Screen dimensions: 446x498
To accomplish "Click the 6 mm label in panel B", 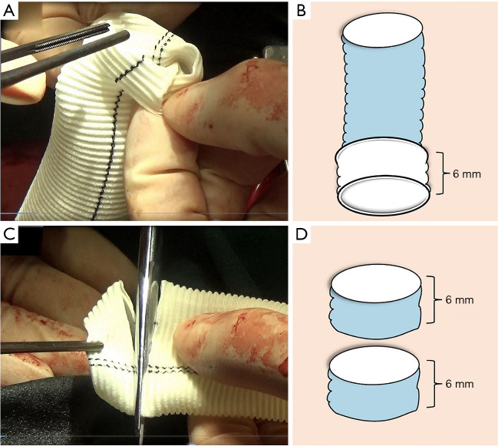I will point(463,174).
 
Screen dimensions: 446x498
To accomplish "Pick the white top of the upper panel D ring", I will point(375,282).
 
